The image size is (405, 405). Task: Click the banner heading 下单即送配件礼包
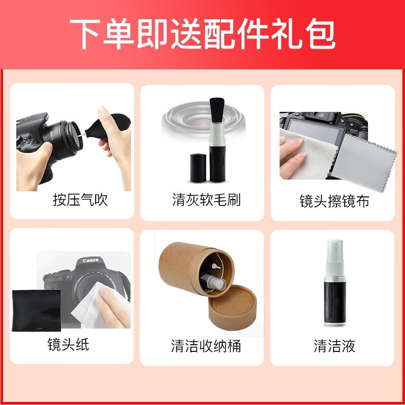(x=202, y=34)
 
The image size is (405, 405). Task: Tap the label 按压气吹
(x=80, y=199)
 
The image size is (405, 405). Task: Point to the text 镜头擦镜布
(x=334, y=201)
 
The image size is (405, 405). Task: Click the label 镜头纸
(x=68, y=345)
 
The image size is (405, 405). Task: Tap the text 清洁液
(x=334, y=346)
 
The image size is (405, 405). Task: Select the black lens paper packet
(x=36, y=310)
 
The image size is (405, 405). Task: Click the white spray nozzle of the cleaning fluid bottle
(x=334, y=251)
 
